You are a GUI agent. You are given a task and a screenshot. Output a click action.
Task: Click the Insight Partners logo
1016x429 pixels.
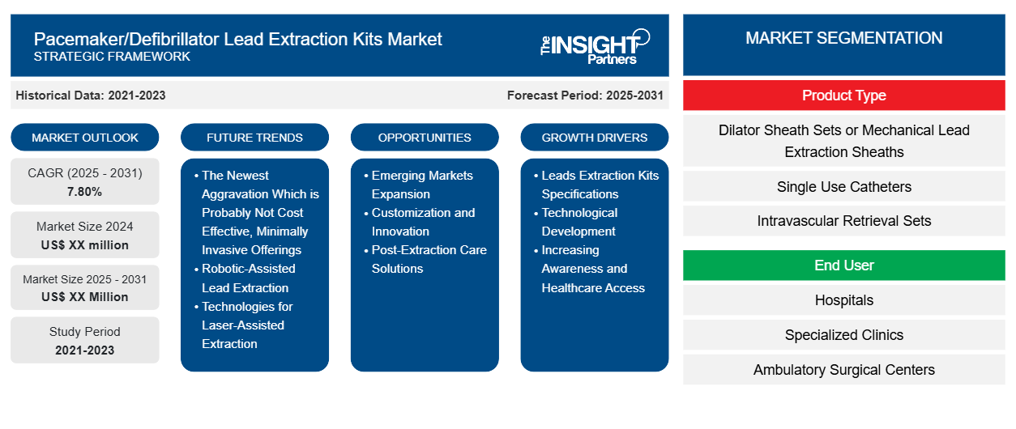(595, 46)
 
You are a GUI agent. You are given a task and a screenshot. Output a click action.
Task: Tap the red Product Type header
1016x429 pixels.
(843, 96)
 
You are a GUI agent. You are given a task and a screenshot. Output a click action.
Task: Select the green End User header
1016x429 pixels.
(843, 265)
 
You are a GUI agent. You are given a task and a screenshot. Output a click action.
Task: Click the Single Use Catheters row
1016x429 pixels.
(843, 187)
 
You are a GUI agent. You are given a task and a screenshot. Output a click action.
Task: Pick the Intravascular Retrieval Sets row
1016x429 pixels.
(843, 221)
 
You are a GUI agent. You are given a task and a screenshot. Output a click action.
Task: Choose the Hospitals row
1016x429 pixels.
(843, 299)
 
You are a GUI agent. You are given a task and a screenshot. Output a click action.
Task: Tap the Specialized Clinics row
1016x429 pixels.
(843, 335)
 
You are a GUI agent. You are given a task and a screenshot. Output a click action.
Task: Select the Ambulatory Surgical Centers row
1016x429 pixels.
(843, 370)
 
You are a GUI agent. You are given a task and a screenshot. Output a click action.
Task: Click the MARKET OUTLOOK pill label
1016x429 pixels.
(85, 138)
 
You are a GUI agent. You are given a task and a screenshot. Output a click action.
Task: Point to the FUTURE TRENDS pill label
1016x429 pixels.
(254, 138)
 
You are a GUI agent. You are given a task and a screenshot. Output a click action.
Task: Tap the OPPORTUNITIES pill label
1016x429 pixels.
(425, 138)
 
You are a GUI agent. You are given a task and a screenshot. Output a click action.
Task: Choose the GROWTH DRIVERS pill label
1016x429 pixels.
(594, 138)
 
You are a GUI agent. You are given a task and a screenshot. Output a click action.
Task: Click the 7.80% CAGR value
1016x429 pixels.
(85, 192)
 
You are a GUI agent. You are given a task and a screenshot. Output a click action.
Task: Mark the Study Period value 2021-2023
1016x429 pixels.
(85, 350)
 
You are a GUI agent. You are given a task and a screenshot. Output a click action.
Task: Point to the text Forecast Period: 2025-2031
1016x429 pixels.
(585, 96)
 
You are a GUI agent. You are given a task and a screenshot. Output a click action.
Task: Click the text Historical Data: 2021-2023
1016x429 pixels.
(91, 96)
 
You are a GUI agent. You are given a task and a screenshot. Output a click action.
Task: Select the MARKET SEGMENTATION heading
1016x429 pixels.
(843, 38)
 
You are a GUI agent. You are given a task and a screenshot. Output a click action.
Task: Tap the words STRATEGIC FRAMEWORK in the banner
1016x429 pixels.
(112, 57)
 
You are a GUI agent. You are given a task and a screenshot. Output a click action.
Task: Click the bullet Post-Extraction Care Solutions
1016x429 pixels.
(425, 259)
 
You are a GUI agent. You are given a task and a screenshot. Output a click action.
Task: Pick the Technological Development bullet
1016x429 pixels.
(576, 222)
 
